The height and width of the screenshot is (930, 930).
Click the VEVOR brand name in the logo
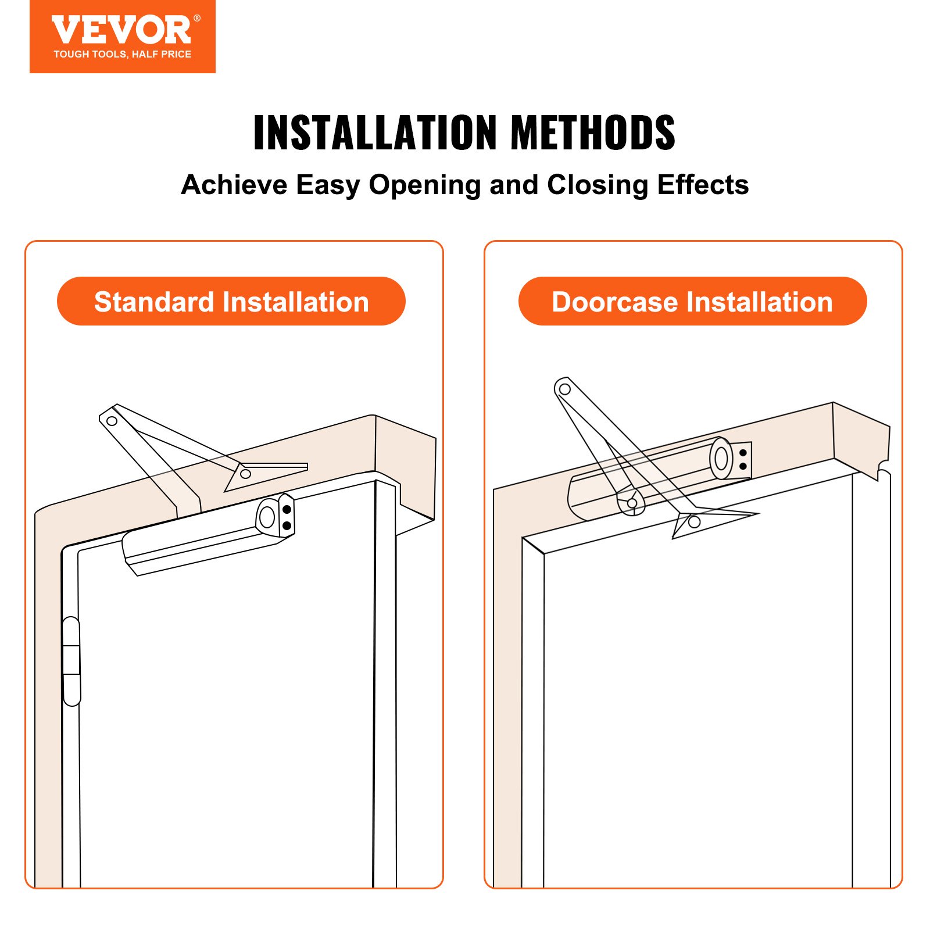click(x=121, y=30)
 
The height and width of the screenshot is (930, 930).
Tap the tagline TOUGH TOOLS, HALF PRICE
click(x=122, y=54)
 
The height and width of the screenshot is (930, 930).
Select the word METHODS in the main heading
click(x=592, y=133)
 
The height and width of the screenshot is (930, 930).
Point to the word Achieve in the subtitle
click(x=233, y=185)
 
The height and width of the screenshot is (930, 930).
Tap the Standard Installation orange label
click(x=231, y=302)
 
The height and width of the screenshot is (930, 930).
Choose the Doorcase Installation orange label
click(x=692, y=302)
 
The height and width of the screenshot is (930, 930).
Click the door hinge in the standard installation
click(x=71, y=661)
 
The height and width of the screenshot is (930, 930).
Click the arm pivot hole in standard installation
click(x=112, y=421)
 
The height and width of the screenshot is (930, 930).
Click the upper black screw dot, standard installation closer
click(x=287, y=509)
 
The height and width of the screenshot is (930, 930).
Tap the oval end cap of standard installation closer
click(x=267, y=516)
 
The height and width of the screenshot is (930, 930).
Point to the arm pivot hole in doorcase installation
click(x=564, y=389)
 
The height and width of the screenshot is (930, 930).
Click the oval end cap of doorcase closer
click(x=721, y=459)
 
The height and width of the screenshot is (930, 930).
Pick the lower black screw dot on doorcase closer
click(x=743, y=466)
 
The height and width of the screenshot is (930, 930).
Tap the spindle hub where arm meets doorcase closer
click(x=632, y=502)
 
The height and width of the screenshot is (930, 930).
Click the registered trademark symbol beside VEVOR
click(x=197, y=19)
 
